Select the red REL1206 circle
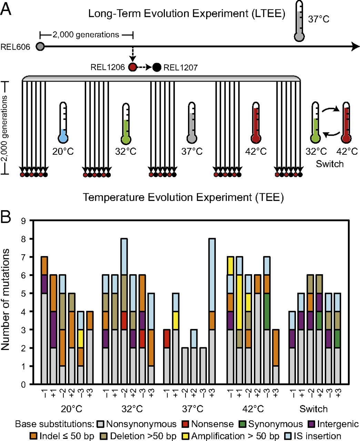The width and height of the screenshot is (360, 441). click(133, 67)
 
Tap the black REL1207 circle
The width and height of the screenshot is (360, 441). click(157, 67)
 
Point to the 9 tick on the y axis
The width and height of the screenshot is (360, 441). click(23, 221)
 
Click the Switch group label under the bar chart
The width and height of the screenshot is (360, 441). click(313, 409)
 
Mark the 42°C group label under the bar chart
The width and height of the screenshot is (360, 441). click(253, 409)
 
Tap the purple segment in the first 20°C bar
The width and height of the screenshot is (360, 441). click(44, 284)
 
